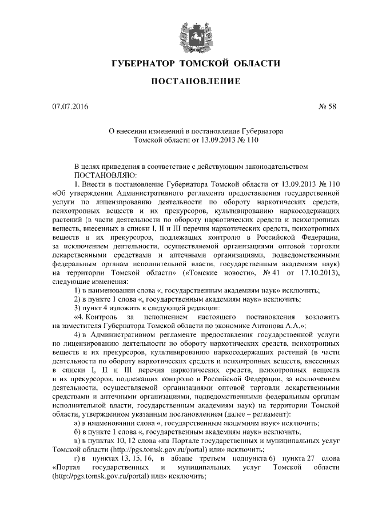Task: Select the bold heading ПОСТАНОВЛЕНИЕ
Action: pos(194,82)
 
